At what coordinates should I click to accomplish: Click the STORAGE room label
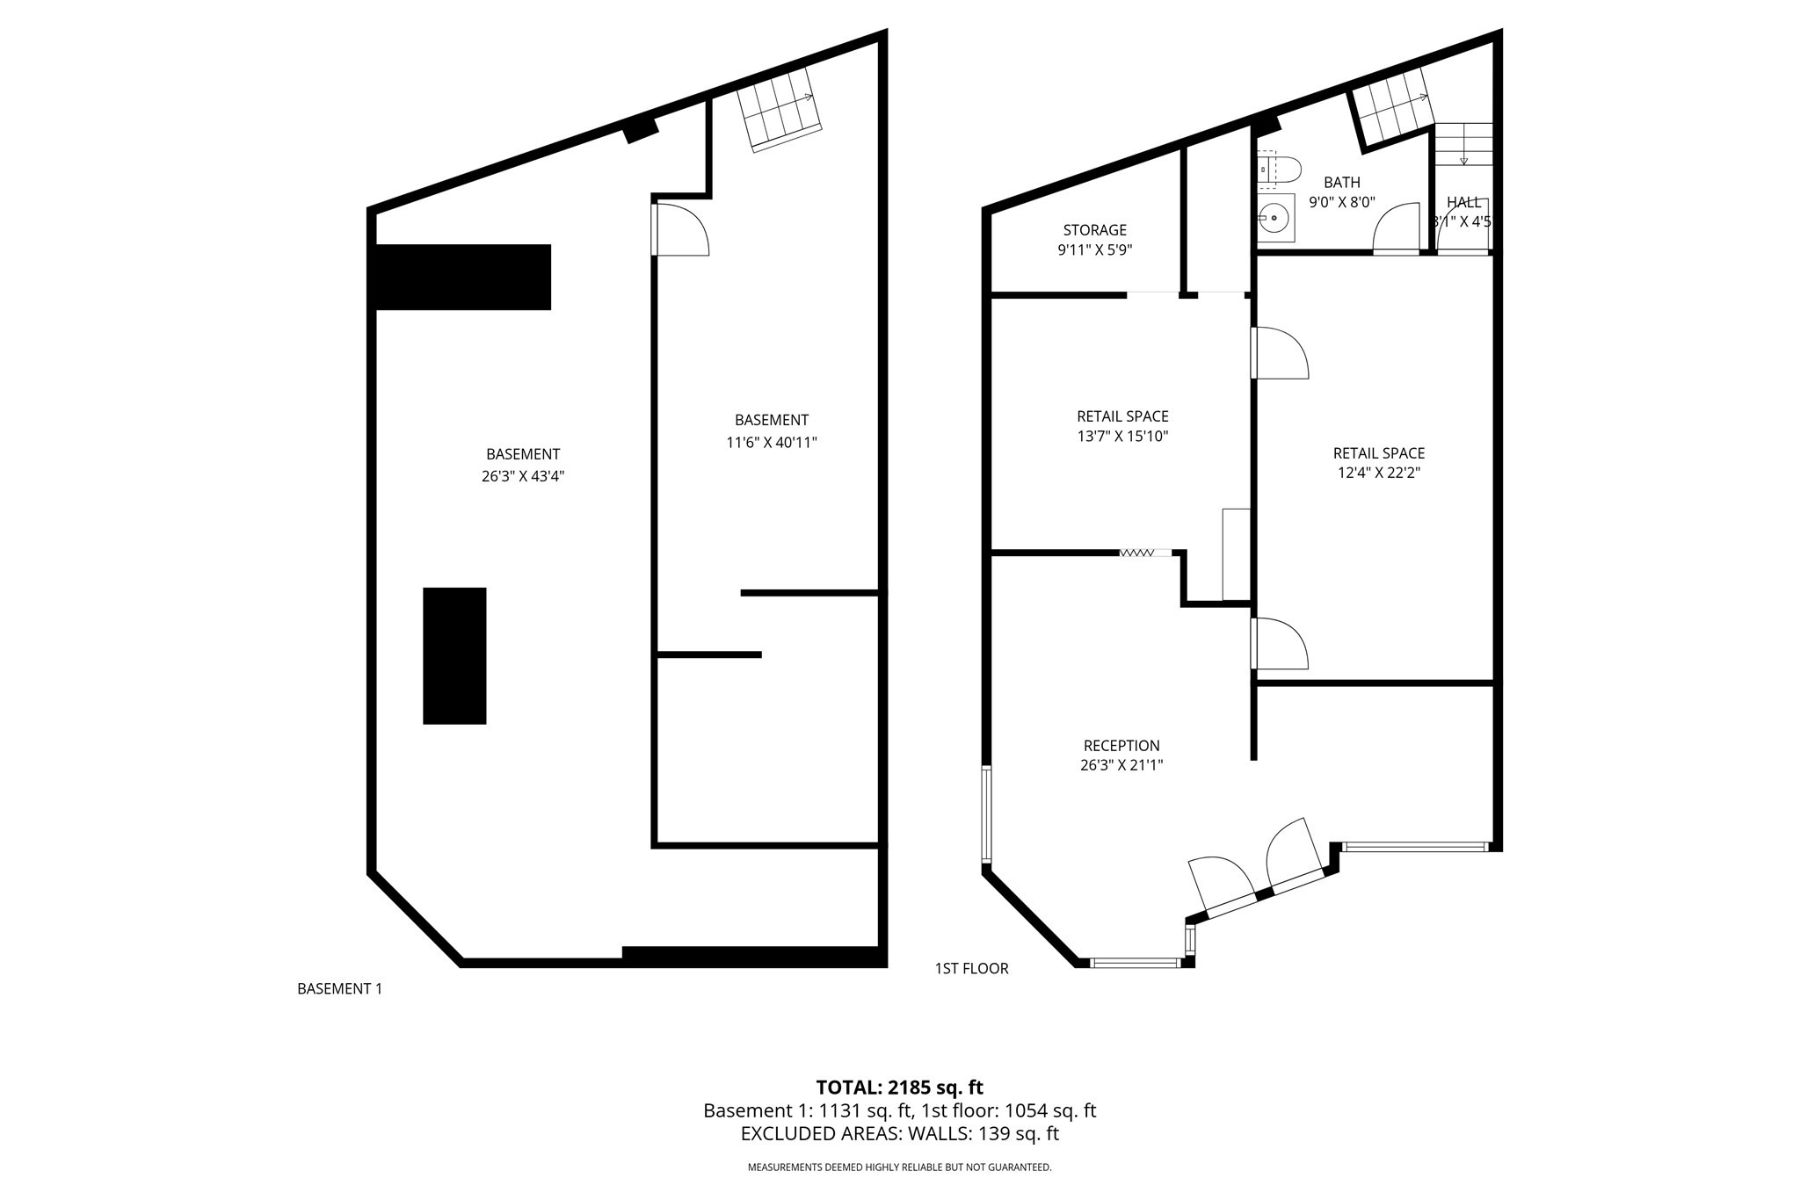(1094, 230)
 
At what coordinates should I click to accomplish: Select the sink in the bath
(1274, 217)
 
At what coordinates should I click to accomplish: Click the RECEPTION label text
(1121, 746)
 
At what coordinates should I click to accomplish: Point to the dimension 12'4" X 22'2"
(1378, 473)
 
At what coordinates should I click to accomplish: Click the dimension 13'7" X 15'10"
(1122, 436)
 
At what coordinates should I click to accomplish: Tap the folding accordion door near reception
(1136, 553)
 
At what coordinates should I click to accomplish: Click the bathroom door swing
(1396, 228)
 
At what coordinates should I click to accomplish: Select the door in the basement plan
(681, 230)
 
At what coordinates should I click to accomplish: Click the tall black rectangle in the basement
(454, 655)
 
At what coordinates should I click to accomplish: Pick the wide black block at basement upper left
(463, 277)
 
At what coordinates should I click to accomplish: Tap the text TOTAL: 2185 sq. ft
(899, 1088)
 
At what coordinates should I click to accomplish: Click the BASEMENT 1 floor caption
(339, 988)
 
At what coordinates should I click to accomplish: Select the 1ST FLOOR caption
(971, 968)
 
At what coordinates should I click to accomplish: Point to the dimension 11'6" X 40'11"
(771, 443)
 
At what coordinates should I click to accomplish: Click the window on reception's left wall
(986, 813)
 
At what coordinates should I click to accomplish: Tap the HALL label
(1463, 203)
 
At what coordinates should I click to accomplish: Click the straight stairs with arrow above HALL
(1463, 144)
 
